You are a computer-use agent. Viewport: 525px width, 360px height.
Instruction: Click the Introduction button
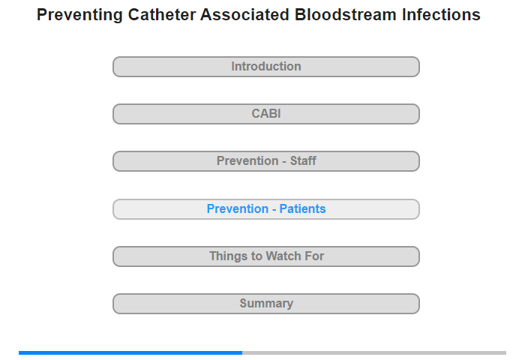pos(266,67)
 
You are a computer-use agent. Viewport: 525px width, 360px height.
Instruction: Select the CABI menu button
pos(266,114)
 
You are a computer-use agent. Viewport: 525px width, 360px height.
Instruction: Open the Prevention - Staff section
pos(266,161)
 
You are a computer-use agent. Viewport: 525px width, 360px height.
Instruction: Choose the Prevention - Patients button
pos(266,209)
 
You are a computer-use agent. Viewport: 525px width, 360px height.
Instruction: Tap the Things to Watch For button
pos(266,256)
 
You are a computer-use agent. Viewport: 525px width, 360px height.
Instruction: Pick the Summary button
pos(266,304)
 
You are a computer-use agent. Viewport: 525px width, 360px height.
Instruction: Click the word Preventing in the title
pos(79,16)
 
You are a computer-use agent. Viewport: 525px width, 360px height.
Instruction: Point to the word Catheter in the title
pos(162,15)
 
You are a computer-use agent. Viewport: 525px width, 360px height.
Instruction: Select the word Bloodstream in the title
pos(346,15)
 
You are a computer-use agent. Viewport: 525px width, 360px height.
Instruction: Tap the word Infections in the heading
pos(441,15)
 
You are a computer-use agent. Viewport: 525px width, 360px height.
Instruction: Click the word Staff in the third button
pos(303,160)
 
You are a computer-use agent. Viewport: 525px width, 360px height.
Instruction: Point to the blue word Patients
pos(303,208)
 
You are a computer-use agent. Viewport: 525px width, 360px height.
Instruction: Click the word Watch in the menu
pos(283,256)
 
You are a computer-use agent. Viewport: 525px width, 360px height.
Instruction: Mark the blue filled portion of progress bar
pos(130,352)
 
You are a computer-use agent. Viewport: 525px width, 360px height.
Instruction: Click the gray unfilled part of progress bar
pos(374,352)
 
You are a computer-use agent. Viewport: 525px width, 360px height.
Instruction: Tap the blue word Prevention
pos(238,208)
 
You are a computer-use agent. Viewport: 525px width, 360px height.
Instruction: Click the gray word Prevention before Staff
pos(247,160)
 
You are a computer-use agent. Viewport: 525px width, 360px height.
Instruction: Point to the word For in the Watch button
pos(314,256)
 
